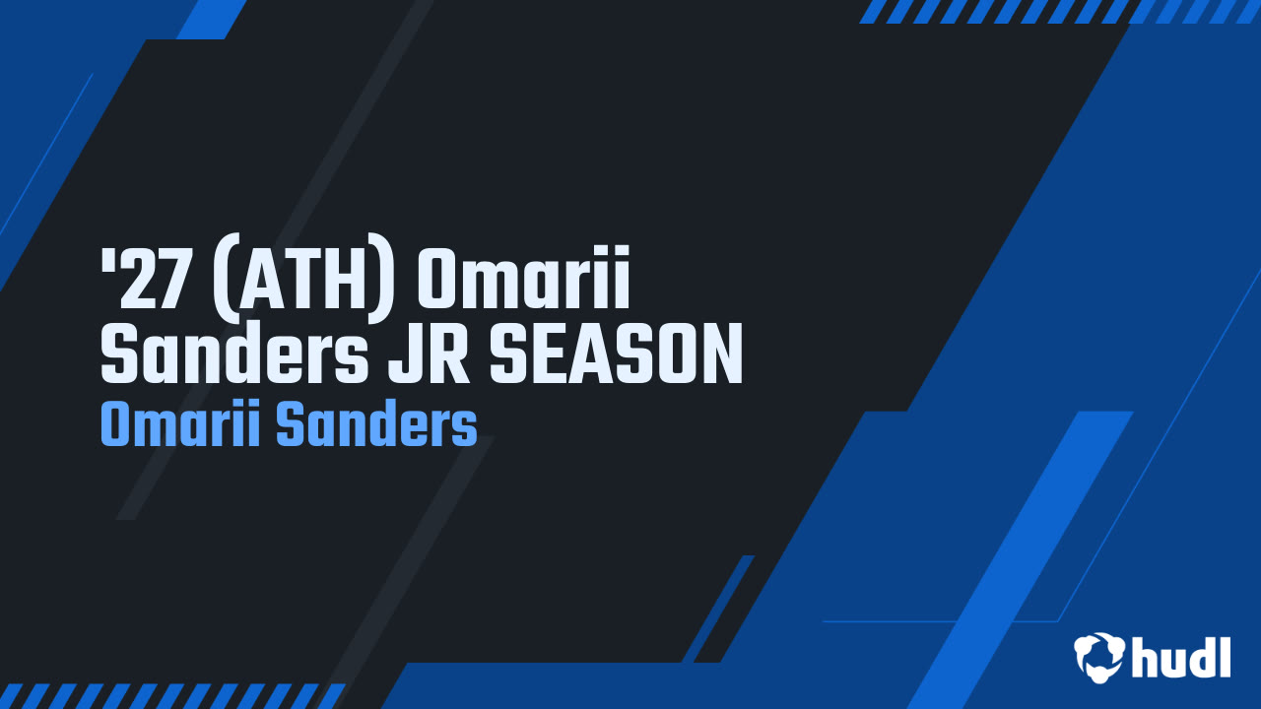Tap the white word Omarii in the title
tap(522, 279)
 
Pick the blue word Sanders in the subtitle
tap(375, 425)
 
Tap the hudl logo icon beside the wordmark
tap(1098, 656)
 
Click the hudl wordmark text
tap(1180, 656)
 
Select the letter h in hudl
tap(1144, 656)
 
